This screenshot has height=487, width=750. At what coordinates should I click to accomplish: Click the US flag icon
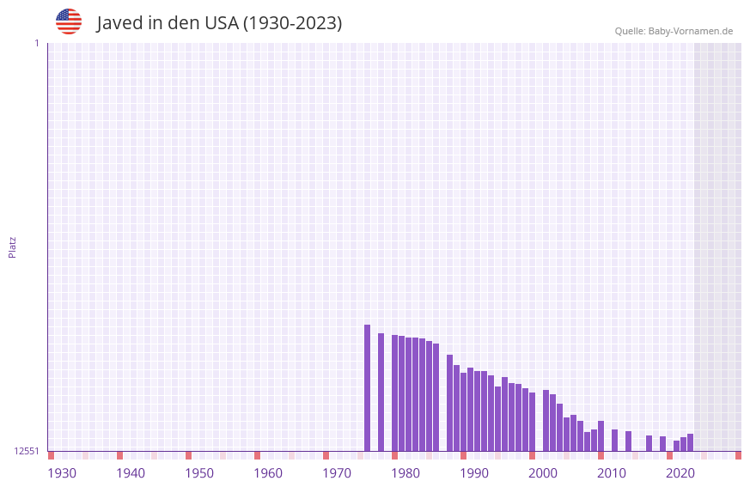pos(69,21)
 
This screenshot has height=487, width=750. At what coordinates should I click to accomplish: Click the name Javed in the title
pos(119,23)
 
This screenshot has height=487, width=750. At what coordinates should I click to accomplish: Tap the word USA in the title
pos(221,23)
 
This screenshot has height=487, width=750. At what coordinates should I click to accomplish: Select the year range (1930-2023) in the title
pos(292,23)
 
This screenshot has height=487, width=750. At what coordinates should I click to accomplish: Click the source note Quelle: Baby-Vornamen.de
pos(674,31)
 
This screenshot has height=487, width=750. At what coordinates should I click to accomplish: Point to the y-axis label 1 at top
pos(36,43)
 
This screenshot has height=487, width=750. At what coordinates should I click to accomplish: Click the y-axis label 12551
pos(27,451)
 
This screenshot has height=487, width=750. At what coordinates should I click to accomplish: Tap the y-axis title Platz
pos(12,247)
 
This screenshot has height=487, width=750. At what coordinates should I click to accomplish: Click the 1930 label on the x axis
pos(62,473)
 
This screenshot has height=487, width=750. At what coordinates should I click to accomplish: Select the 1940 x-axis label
pos(131,473)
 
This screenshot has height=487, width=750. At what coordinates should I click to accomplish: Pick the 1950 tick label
pos(199,473)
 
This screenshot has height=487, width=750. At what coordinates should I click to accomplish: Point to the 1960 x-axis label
pos(268,473)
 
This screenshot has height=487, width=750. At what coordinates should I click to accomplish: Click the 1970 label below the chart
pos(337,473)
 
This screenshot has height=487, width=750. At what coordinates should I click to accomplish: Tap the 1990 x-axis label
pos(474,473)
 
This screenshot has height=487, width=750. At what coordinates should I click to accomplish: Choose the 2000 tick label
pos(543,473)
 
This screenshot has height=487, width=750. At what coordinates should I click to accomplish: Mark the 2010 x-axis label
pos(612,473)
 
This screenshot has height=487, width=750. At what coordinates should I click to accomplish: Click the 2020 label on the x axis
pos(680,473)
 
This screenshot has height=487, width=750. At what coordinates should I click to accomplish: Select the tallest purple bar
pos(367,387)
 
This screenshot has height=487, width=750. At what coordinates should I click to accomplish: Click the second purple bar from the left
pos(381,392)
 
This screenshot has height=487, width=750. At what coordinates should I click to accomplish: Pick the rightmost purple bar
pos(690,442)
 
